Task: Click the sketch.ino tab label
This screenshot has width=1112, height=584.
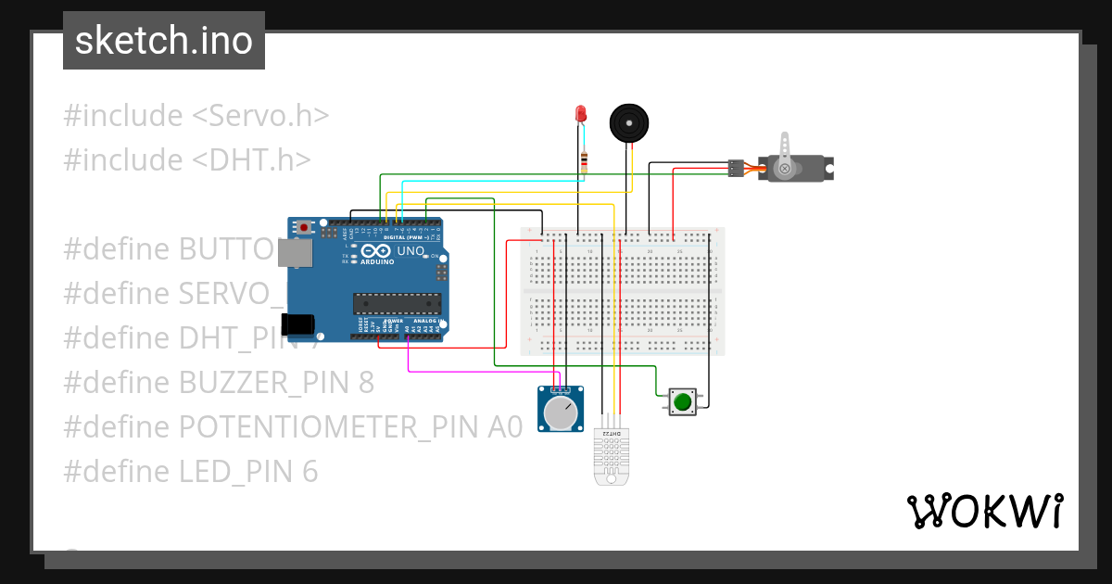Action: point(163,41)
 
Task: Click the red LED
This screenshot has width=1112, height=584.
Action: point(581,114)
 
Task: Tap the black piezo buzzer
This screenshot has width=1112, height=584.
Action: point(628,122)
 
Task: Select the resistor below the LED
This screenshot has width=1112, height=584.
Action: point(583,162)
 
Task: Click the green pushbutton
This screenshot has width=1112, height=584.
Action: point(683,401)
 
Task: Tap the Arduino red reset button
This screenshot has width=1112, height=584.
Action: point(303,227)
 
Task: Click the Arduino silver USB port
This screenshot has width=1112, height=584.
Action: point(298,253)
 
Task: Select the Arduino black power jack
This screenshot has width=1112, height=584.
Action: point(298,324)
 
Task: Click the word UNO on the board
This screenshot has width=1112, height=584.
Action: point(411,251)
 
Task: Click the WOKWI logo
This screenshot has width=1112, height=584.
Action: point(984,511)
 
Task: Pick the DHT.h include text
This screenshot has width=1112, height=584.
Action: point(251,160)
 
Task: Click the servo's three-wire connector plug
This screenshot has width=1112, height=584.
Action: point(736,168)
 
